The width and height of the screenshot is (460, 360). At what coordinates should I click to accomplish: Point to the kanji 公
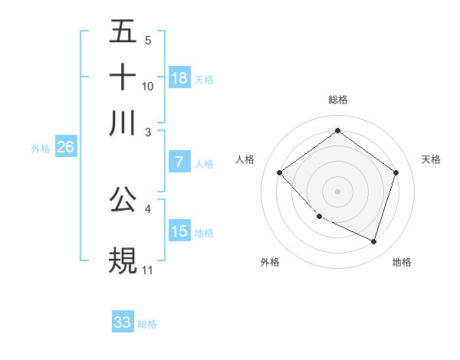click(x=123, y=198)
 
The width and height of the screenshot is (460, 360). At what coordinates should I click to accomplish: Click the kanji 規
click(x=123, y=260)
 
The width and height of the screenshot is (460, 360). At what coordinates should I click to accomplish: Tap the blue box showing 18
click(x=179, y=77)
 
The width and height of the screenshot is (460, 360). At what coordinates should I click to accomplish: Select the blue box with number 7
click(x=179, y=162)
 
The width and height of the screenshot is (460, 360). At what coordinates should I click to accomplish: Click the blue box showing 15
click(x=179, y=231)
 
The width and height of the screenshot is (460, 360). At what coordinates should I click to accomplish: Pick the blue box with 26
click(x=65, y=148)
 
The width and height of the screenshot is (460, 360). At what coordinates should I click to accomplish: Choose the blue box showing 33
click(x=123, y=322)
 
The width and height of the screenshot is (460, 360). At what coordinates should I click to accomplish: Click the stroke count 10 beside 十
click(x=148, y=86)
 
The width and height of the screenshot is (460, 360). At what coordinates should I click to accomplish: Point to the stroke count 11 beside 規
click(x=148, y=270)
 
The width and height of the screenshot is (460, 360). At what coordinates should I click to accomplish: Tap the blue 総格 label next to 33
click(x=148, y=324)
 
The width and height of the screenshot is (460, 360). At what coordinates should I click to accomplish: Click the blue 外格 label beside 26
click(x=41, y=149)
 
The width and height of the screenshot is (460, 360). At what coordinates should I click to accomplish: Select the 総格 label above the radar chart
click(x=337, y=100)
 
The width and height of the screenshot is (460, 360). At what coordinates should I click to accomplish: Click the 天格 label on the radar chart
click(x=431, y=159)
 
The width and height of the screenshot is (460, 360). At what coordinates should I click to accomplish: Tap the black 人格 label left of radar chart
click(x=245, y=159)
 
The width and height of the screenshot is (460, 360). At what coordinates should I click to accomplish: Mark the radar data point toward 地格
click(x=373, y=241)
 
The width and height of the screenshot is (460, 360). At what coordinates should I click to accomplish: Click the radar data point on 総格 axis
click(x=337, y=131)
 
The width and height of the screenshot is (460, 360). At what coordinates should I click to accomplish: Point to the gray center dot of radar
click(x=337, y=191)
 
